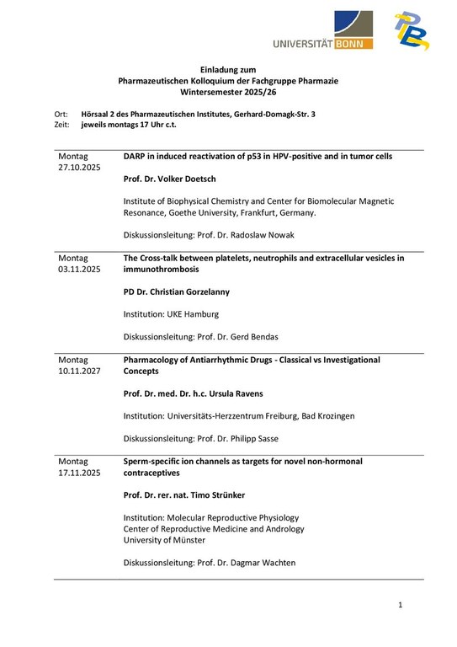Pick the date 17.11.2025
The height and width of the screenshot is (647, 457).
tap(79, 473)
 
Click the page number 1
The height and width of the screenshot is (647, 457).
tap(401, 605)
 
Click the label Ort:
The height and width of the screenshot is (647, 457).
tap(61, 114)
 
